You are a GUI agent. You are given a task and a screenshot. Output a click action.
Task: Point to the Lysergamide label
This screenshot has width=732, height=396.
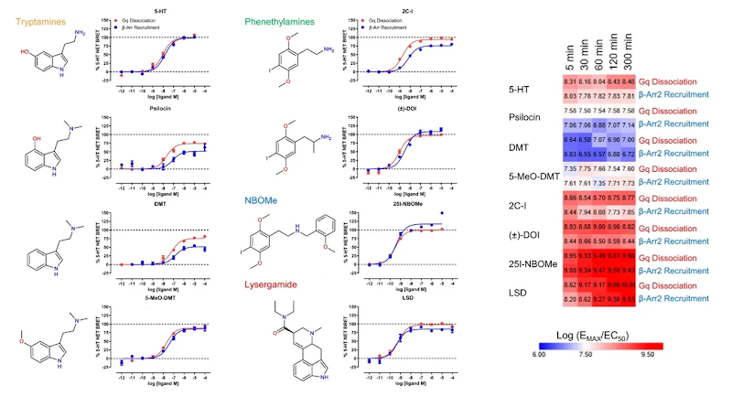(x=274, y=284)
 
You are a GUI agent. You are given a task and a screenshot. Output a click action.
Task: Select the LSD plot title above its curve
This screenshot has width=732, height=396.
(x=395, y=300)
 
